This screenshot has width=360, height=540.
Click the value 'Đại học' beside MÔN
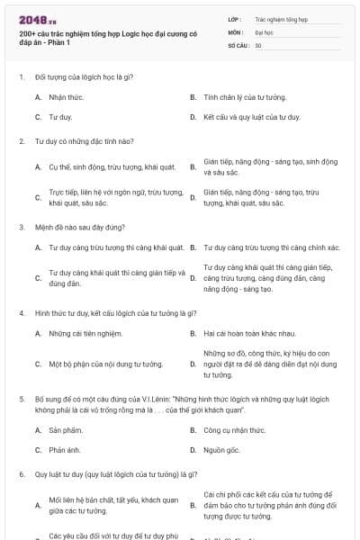(264, 31)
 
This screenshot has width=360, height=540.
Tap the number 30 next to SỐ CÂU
(258, 44)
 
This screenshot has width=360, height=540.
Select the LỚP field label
(235, 19)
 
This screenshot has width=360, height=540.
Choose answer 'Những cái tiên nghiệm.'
(85, 334)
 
